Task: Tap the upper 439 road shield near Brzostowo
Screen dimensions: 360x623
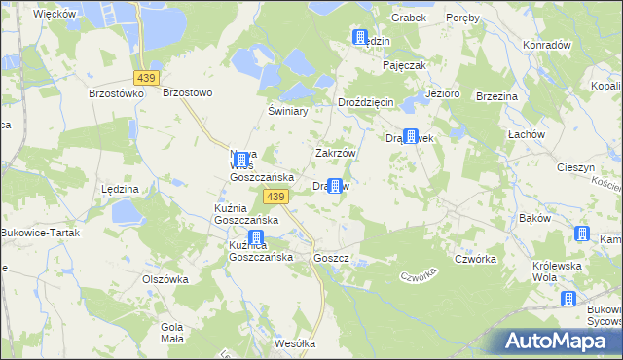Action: [147, 77]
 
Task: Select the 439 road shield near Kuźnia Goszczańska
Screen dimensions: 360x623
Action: [275, 198]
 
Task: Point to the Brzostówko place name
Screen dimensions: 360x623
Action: [116, 93]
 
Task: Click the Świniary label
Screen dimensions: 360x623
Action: [288, 111]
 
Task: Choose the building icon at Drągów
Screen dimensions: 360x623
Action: [336, 186]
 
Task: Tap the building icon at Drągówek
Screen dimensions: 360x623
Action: [411, 138]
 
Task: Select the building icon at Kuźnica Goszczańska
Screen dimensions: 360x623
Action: [256, 238]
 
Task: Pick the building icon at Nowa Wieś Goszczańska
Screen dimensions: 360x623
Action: [241, 157]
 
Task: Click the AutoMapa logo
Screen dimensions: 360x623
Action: [555, 342]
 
